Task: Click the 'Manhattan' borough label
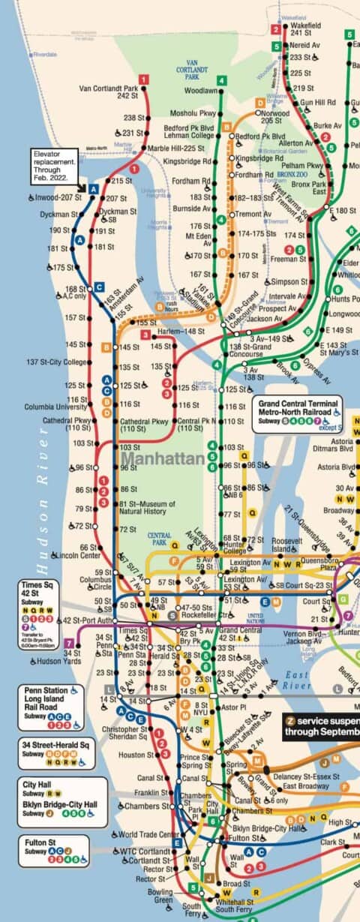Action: [163, 458]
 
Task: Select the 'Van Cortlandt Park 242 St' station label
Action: [109, 92]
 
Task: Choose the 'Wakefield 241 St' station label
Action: [301, 29]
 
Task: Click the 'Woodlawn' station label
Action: [200, 91]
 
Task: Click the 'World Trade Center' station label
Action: [148, 834]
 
